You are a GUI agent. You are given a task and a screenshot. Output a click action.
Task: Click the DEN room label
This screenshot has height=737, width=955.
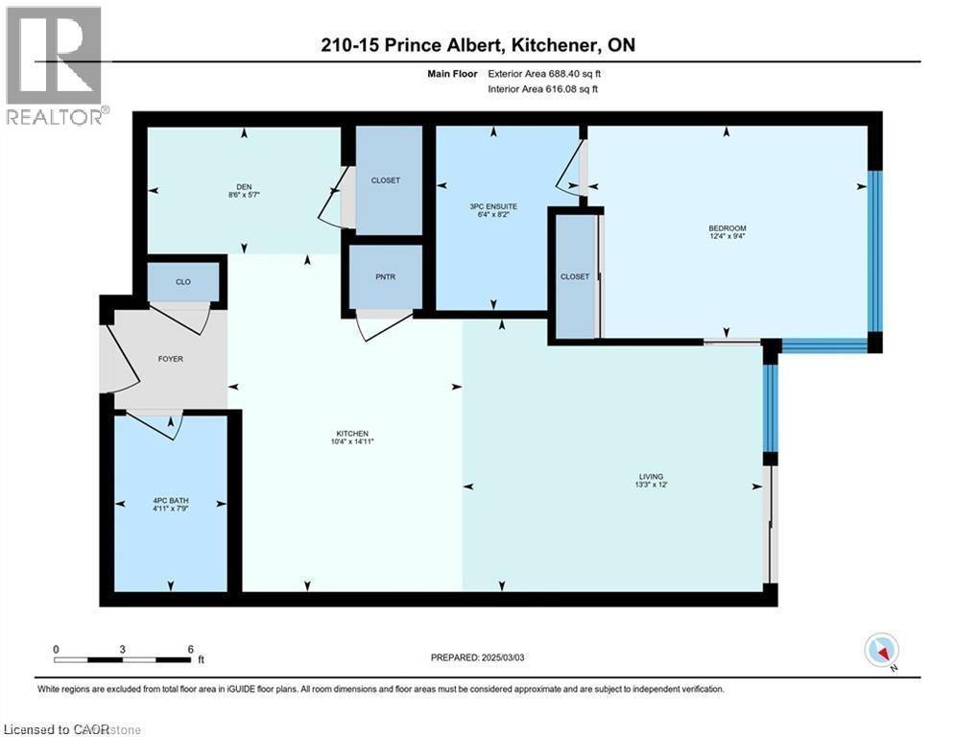click(244, 186)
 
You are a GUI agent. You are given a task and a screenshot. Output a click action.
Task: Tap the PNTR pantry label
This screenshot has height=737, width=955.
click(385, 276)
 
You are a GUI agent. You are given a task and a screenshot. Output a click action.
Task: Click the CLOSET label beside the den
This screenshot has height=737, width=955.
click(385, 180)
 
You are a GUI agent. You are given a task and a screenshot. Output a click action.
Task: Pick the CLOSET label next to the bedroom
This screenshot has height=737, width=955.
click(574, 276)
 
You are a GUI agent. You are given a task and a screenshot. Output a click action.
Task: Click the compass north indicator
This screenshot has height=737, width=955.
click(880, 652)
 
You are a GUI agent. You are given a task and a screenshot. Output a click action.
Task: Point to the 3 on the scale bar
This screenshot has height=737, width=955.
click(123, 649)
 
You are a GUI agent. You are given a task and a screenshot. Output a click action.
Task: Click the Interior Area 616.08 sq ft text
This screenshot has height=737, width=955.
click(547, 89)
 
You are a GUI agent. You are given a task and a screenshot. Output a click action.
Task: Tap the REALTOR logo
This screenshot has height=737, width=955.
click(56, 66)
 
